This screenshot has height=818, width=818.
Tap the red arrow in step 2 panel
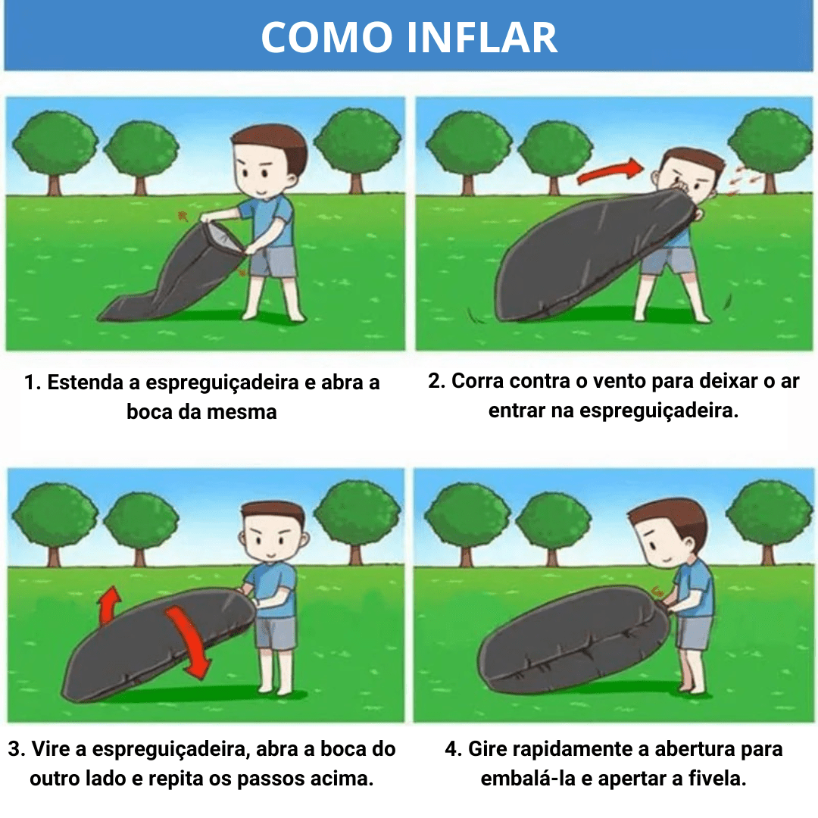(608, 172)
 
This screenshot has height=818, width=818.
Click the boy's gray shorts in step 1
(273, 261)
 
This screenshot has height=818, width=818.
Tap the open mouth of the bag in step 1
(225, 237)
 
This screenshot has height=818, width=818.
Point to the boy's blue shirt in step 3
(273, 587)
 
